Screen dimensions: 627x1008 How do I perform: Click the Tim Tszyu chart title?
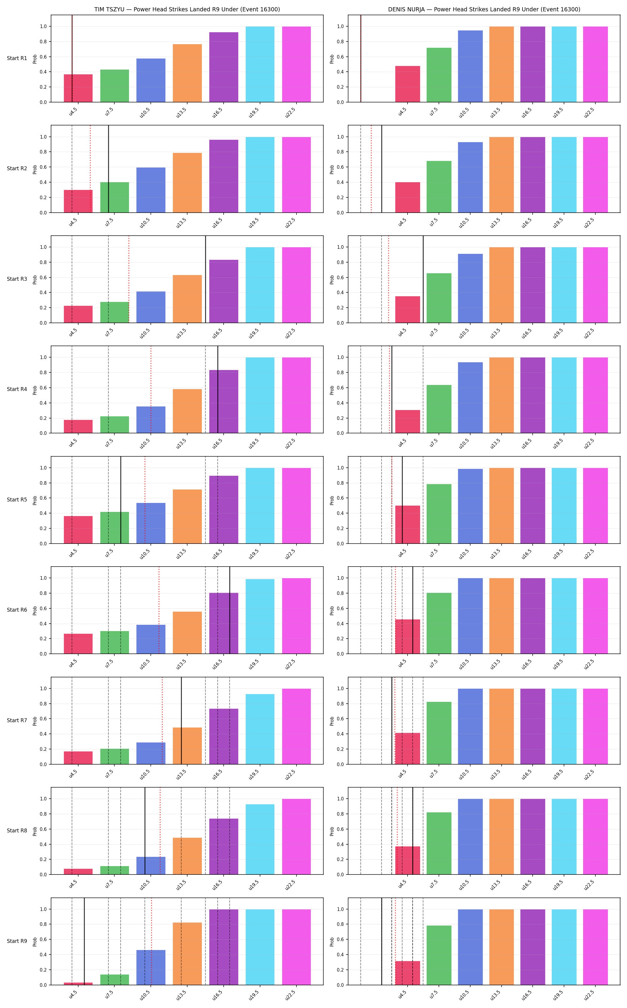(x=187, y=9)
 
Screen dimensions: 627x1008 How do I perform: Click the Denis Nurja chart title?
(x=484, y=9)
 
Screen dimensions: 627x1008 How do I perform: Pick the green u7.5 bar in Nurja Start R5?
(x=439, y=513)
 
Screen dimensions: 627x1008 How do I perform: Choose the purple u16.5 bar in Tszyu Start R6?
(x=224, y=623)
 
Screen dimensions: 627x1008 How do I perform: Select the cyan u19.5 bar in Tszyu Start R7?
(x=260, y=729)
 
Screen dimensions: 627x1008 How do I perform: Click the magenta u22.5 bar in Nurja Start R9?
(x=595, y=947)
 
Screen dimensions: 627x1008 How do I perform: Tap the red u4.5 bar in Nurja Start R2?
(x=407, y=197)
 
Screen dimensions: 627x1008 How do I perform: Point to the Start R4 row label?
(x=17, y=389)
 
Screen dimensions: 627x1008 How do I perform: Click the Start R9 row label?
(x=17, y=941)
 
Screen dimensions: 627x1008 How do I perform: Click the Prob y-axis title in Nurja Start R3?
(x=332, y=279)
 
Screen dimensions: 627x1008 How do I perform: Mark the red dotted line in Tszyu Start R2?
(x=90, y=169)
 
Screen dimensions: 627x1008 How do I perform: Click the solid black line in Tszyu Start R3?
(x=205, y=279)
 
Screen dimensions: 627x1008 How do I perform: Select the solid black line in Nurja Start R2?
(x=382, y=169)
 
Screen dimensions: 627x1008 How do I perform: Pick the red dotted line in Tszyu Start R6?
(x=159, y=610)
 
